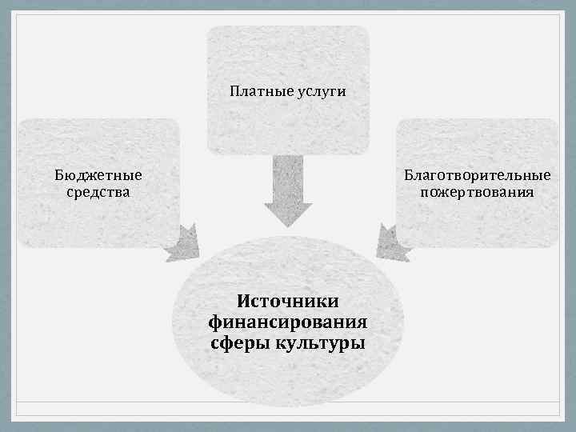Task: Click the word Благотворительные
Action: click(477, 174)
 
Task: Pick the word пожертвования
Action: click(477, 192)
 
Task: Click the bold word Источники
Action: click(288, 301)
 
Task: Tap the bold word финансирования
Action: click(288, 322)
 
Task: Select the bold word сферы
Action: click(240, 344)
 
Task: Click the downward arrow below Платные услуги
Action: click(288, 192)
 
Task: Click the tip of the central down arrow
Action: click(288, 226)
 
